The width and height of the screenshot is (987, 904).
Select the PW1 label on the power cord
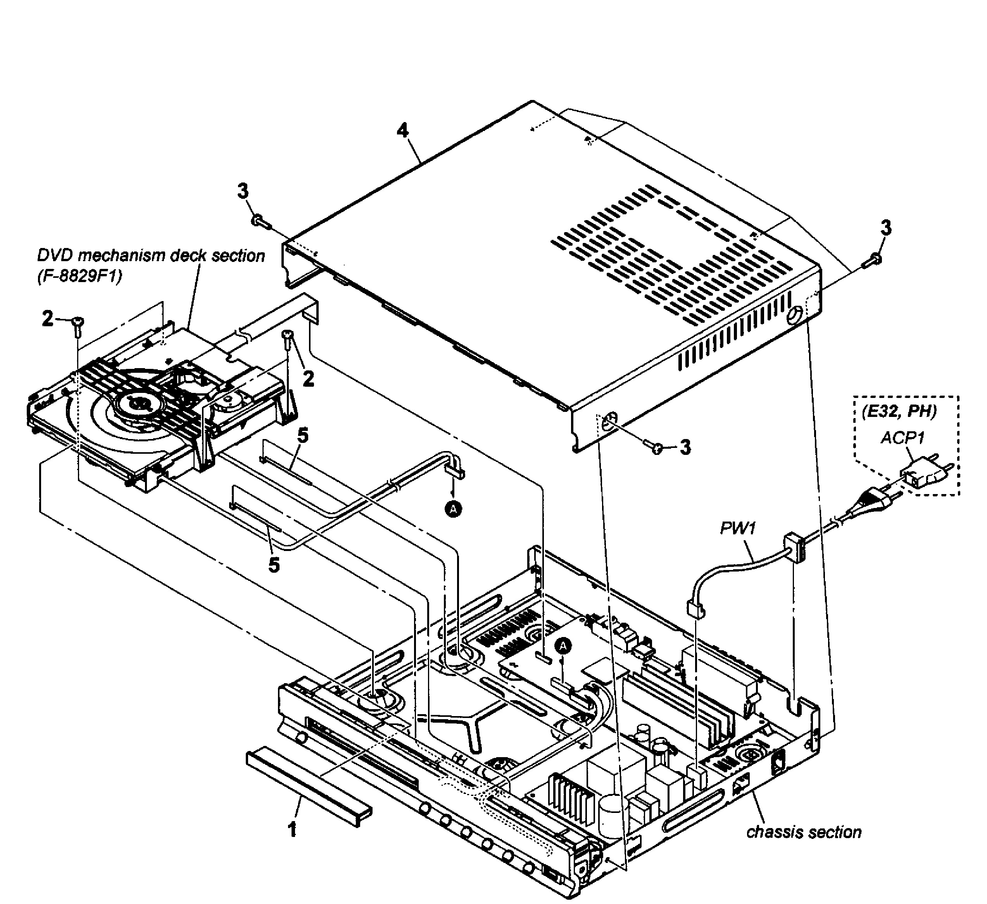coord(738,528)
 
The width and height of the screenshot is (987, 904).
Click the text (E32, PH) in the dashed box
coord(899,411)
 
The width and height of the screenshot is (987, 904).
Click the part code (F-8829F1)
coord(79,276)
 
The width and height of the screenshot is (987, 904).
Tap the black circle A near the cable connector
coord(453,510)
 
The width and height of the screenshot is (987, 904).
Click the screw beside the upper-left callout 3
coord(261,222)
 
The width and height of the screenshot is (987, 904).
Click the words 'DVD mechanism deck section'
coord(151,255)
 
